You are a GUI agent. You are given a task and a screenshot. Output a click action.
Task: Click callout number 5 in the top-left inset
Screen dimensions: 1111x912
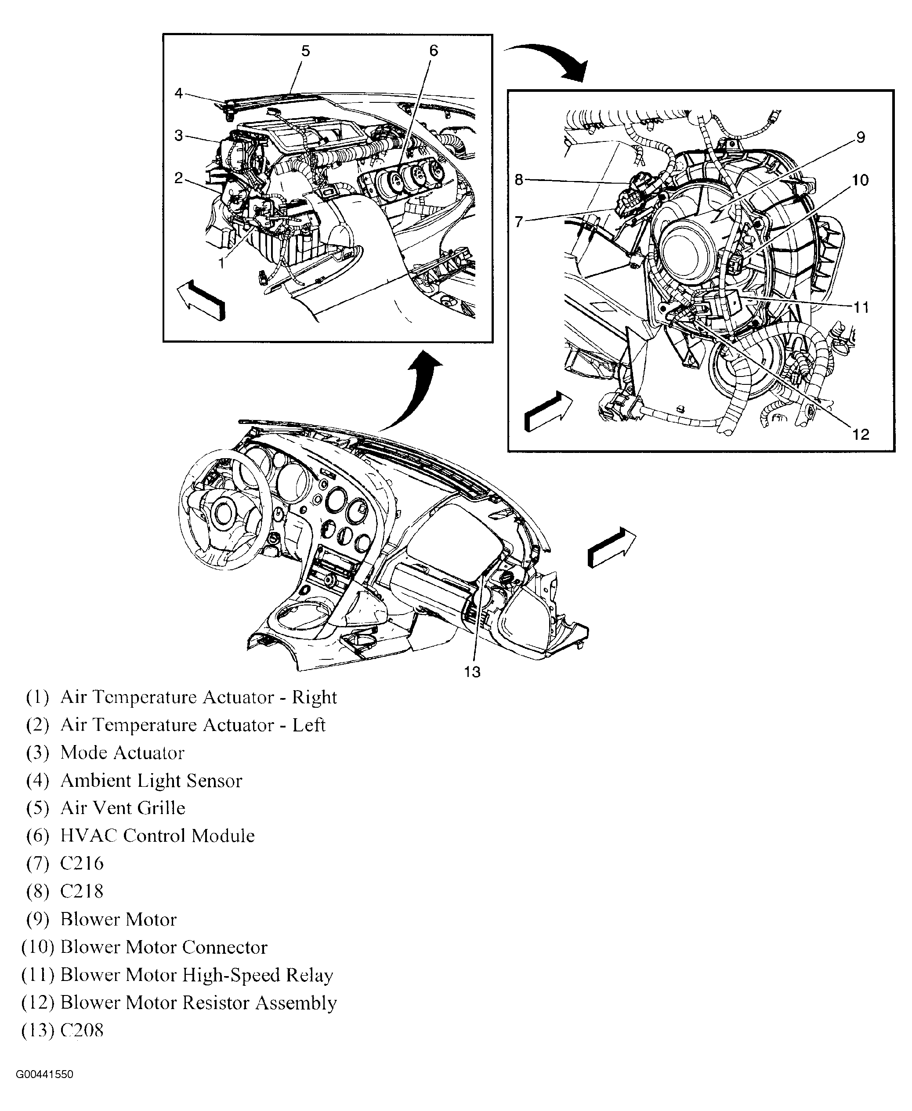(x=305, y=51)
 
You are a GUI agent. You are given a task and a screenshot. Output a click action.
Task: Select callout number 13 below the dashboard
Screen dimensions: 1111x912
(x=472, y=672)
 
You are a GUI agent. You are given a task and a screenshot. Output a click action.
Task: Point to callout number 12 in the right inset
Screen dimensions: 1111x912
(x=861, y=434)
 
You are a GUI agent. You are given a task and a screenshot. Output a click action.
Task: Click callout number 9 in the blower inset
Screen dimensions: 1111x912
(x=860, y=138)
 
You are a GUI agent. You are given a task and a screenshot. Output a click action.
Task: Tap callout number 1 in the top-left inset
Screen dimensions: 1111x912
(x=222, y=263)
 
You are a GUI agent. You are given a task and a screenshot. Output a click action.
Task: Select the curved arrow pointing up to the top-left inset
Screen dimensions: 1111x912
(x=415, y=389)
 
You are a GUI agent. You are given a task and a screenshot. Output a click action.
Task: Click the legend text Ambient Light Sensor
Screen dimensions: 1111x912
(x=151, y=781)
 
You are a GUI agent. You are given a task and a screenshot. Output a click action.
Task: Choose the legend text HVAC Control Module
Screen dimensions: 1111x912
(x=157, y=836)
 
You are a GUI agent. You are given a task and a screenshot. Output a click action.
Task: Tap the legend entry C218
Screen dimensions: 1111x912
(x=82, y=891)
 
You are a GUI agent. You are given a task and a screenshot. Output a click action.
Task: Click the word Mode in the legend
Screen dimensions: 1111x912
(x=84, y=753)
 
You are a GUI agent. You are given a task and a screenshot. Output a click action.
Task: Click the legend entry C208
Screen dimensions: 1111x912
(x=82, y=1030)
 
